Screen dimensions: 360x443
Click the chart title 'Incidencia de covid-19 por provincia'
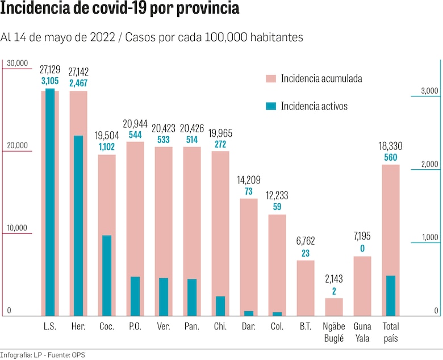click(x=119, y=10)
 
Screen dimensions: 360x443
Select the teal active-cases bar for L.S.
click(x=50, y=202)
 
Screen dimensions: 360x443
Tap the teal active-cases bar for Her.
click(x=78, y=225)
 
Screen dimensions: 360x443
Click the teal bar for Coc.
click(x=107, y=275)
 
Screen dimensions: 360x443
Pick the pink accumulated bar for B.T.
click(x=306, y=288)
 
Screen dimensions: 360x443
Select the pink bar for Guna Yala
click(x=362, y=286)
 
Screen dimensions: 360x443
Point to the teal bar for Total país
click(x=391, y=296)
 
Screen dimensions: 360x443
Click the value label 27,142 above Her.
click(x=78, y=72)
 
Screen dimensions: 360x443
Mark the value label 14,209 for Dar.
click(x=249, y=181)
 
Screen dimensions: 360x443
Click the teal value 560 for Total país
click(x=391, y=157)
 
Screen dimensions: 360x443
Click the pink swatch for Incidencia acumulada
click(x=270, y=78)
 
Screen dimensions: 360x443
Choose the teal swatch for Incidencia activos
click(x=270, y=106)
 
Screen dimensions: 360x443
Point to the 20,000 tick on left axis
click(x=16, y=145)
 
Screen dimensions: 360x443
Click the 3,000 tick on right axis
click(x=429, y=91)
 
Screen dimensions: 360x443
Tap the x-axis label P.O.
click(x=135, y=326)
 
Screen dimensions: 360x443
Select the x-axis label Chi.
click(x=220, y=326)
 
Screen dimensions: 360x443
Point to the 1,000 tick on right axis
click(x=429, y=237)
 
